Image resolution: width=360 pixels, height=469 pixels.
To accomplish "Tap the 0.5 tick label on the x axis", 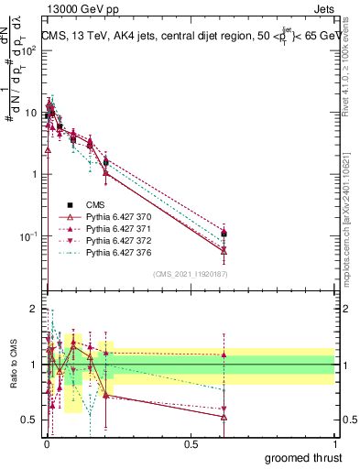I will [191, 443].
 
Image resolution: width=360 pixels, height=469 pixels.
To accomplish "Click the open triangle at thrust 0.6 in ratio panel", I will [224, 417].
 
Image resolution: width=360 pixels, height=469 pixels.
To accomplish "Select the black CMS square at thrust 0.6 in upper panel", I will [224, 234].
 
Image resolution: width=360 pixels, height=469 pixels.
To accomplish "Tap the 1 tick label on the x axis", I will [334, 443].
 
